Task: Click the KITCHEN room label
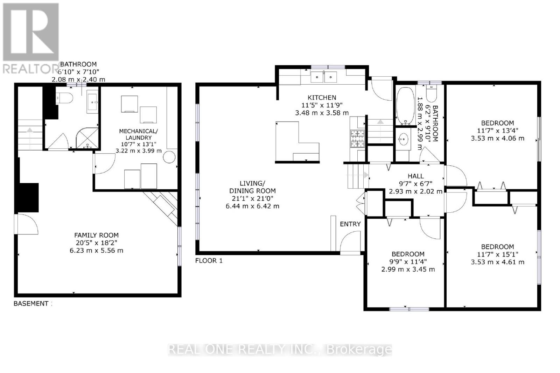click(322, 98)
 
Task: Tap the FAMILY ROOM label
click(96, 235)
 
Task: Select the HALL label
click(415, 176)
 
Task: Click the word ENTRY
click(350, 224)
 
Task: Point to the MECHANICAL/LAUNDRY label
click(138, 134)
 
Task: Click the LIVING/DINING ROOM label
click(252, 187)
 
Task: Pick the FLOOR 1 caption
click(209, 261)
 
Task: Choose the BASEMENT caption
click(31, 303)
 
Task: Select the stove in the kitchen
click(357, 139)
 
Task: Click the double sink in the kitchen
click(324, 77)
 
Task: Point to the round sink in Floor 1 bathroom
click(403, 140)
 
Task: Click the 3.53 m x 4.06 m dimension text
click(497, 138)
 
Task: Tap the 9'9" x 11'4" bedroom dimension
click(408, 262)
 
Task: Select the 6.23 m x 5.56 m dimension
click(96, 251)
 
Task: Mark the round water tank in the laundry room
click(169, 157)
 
